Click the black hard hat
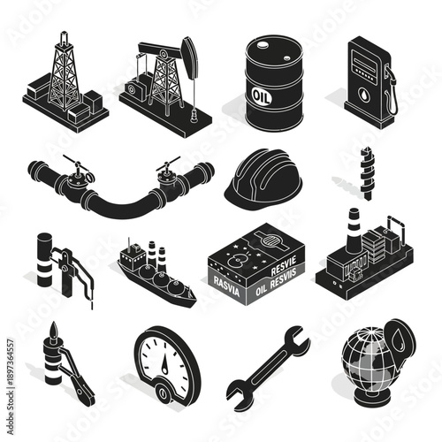(x=263, y=177)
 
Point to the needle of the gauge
(x=164, y=353)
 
